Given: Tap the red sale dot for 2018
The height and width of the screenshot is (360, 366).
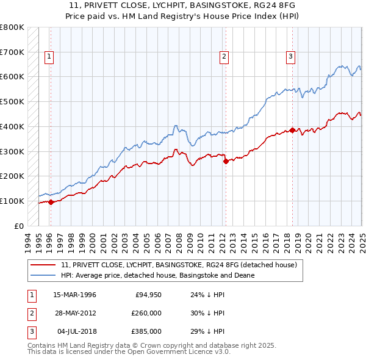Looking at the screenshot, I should pyautogui.click(x=292, y=130).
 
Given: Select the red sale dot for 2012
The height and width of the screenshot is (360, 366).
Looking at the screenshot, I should pyautogui.click(x=226, y=161).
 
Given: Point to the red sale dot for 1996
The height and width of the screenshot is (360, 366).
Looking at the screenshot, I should pyautogui.click(x=51, y=203).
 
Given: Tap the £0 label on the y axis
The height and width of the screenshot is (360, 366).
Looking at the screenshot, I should pyautogui.click(x=19, y=226).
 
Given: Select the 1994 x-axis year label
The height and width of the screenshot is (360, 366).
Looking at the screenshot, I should pyautogui.click(x=28, y=242).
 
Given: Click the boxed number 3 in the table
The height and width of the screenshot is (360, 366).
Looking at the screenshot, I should pyautogui.click(x=30, y=331).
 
